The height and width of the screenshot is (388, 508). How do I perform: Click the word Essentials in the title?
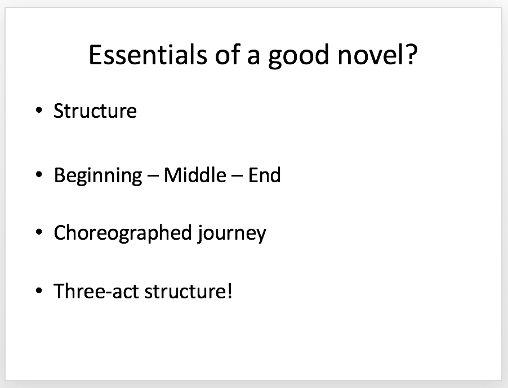coord(148,55)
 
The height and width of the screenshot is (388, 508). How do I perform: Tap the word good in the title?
coord(298,56)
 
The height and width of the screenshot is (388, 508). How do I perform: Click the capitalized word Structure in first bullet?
coord(95,111)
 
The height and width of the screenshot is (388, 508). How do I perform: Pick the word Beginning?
coord(98,177)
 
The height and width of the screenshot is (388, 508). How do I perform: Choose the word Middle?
coord(195,175)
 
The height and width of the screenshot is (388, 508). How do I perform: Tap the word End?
coord(264,175)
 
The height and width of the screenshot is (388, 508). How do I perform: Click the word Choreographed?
coord(123,234)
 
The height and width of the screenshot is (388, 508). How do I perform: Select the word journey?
coord(231,234)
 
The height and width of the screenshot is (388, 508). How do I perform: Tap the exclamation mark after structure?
coord(230,290)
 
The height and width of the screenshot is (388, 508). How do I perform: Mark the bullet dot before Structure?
coord(39,111)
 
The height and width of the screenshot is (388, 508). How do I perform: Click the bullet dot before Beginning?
coord(39,175)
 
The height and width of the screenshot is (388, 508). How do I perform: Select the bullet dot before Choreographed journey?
coord(39,232)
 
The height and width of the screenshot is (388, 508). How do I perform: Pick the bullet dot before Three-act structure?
coord(39,290)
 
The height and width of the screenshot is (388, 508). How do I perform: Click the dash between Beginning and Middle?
coord(153,177)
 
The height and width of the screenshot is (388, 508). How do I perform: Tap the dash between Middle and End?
coord(237,177)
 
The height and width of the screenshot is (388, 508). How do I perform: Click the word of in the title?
coord(227,54)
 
